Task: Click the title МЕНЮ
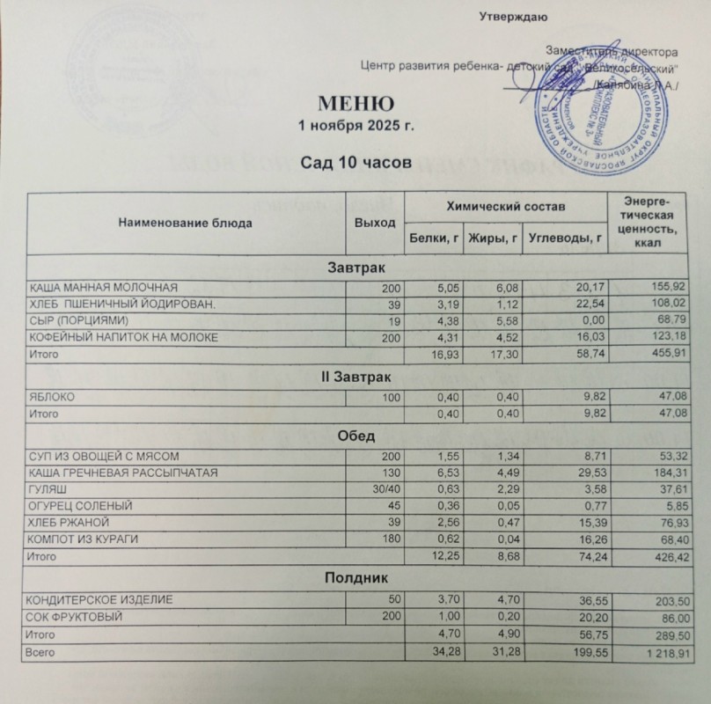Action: pyautogui.click(x=356, y=104)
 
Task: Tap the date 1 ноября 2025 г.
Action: pyautogui.click(x=355, y=127)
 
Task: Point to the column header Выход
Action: pyautogui.click(x=374, y=223)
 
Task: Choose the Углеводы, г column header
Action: pyautogui.click(x=564, y=237)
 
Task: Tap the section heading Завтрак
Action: pyautogui.click(x=356, y=266)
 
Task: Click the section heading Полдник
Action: pyautogui.click(x=356, y=578)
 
